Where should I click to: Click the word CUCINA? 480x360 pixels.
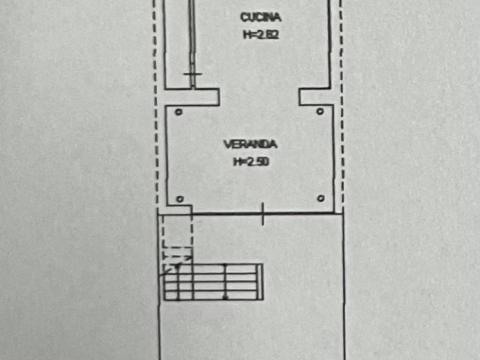(261, 17)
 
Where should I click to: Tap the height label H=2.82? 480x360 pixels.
(261, 34)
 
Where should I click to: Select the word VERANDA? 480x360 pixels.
(250, 144)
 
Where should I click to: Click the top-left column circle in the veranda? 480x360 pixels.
(178, 112)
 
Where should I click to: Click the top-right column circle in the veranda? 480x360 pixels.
(320, 111)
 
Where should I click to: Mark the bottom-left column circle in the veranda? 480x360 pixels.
(179, 199)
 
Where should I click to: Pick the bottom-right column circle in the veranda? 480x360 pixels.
(321, 198)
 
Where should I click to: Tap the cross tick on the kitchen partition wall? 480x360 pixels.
(192, 74)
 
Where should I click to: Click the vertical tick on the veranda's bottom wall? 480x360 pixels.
(263, 214)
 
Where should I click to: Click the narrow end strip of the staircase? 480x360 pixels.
(260, 282)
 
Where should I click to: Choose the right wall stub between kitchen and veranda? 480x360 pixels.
(315, 97)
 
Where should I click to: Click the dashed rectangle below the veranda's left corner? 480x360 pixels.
(177, 231)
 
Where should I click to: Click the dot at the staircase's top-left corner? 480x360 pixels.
(178, 265)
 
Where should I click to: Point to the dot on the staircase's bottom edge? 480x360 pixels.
(225, 297)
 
